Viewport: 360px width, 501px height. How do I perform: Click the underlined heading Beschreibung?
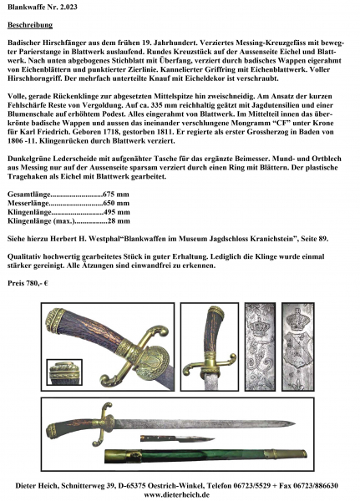(30, 25)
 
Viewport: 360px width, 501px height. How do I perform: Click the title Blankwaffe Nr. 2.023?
(43, 7)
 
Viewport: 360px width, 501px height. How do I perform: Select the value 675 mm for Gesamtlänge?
(116, 195)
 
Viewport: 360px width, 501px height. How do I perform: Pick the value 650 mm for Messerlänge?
(116, 203)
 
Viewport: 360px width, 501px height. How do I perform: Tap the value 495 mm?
(117, 212)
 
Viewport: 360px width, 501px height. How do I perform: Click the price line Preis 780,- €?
(28, 283)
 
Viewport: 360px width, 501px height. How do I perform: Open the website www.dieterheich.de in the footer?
(177, 494)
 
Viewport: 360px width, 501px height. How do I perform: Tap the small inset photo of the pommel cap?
(64, 372)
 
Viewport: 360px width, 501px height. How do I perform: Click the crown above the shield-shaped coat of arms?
(297, 318)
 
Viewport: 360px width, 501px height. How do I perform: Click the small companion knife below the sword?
(177, 439)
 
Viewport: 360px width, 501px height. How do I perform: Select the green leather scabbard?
(206, 456)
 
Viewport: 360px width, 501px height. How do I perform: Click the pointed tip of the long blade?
(295, 424)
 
